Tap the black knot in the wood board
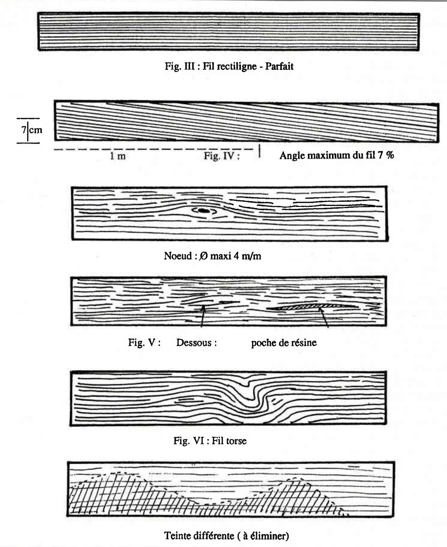coord(203,211)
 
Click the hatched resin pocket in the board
coord(305,306)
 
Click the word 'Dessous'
coord(196,342)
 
